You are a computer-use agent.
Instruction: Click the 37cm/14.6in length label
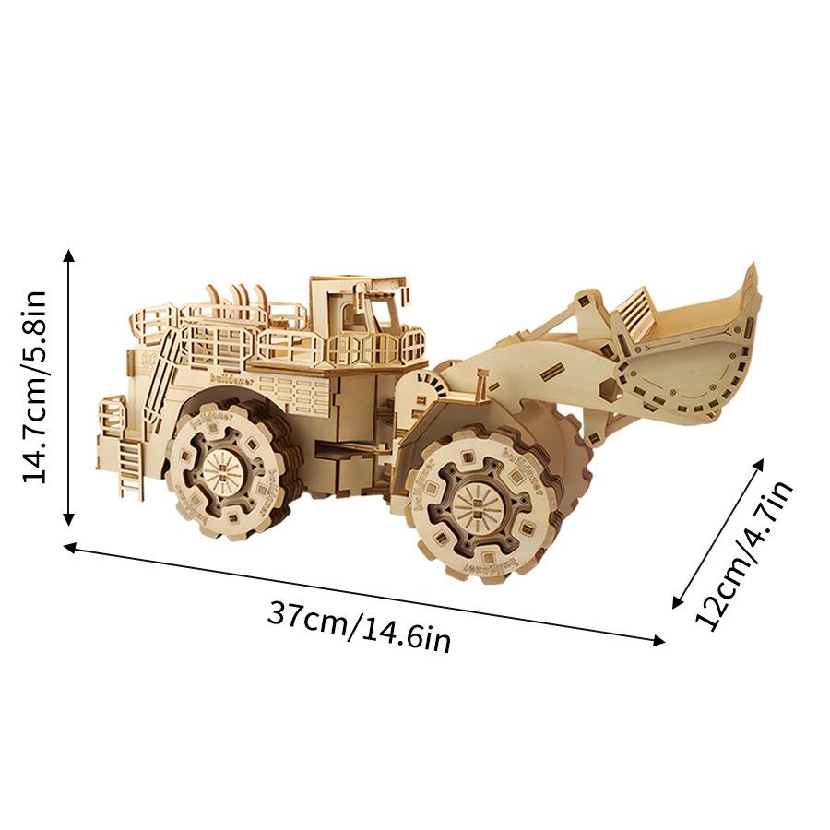pos(360,627)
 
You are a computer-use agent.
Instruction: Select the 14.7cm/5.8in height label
pos(35,387)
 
